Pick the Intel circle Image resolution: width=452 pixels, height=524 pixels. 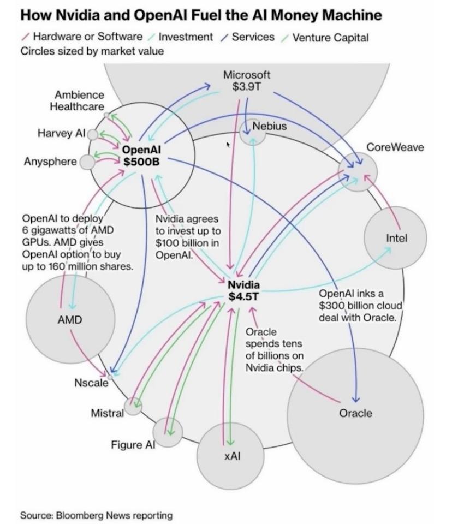[x=396, y=238]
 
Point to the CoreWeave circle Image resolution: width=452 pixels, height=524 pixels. [x=358, y=171]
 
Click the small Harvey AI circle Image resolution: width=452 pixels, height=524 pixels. [x=93, y=134]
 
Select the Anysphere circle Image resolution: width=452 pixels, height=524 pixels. [x=87, y=162]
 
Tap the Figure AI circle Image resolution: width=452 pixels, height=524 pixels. [x=168, y=432]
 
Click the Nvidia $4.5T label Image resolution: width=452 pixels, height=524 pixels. [x=243, y=290]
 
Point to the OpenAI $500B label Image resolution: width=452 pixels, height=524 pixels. [x=141, y=156]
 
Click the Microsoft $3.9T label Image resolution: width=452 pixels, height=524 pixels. [x=247, y=80]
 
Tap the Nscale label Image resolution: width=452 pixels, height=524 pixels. [x=91, y=383]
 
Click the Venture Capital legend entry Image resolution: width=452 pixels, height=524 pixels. [x=330, y=38]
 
